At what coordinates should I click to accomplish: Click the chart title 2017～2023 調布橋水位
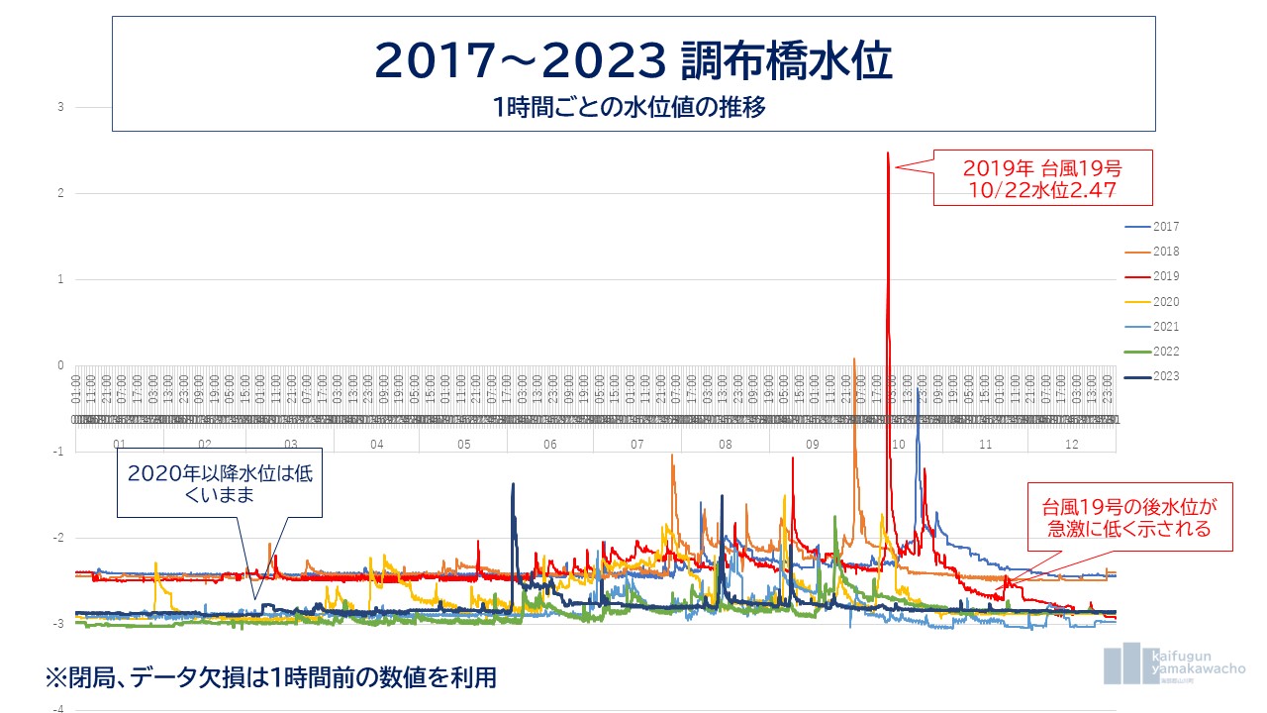click(x=633, y=61)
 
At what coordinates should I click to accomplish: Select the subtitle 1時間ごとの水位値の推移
click(x=633, y=108)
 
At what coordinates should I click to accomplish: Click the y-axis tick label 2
click(x=61, y=193)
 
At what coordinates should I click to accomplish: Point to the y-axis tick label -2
click(x=59, y=538)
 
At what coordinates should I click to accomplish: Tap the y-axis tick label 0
click(x=61, y=365)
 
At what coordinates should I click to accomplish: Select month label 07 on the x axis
click(x=637, y=445)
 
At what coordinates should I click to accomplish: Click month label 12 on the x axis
click(x=1071, y=445)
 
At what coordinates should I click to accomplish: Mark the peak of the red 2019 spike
click(x=888, y=153)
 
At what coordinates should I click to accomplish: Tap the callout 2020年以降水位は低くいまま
click(x=220, y=484)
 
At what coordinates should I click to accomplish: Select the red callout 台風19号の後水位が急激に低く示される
click(x=1128, y=517)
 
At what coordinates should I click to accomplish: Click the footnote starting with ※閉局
click(x=270, y=678)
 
